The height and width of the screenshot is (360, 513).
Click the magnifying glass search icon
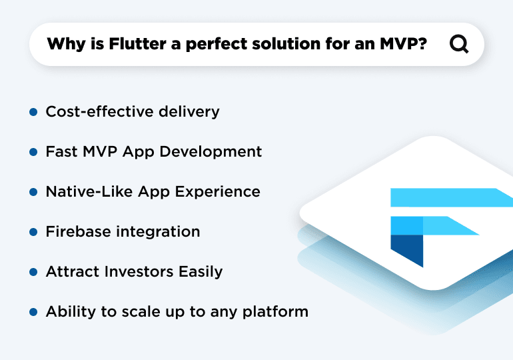(x=459, y=44)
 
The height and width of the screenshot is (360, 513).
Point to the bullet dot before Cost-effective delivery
(x=33, y=112)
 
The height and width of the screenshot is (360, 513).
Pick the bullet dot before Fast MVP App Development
(x=33, y=152)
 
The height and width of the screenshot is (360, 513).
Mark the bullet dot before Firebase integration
(x=33, y=232)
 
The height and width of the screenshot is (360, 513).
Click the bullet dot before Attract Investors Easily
(x=33, y=272)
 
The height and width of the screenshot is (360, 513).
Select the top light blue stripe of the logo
(x=446, y=197)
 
